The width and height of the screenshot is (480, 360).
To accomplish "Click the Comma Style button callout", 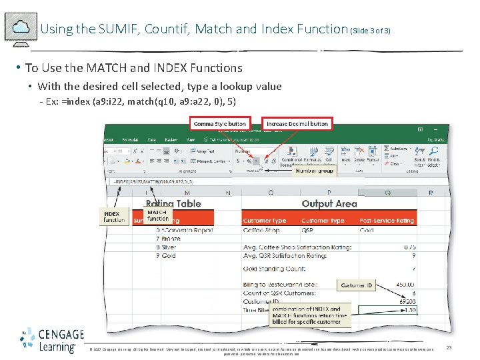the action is click(219, 124).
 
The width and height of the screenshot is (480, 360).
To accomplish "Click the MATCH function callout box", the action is click(158, 215).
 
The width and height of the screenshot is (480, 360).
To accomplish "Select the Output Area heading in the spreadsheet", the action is click(329, 204).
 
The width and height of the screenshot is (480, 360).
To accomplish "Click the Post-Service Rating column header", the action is click(387, 221).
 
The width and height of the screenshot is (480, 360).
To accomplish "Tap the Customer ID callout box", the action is click(357, 285).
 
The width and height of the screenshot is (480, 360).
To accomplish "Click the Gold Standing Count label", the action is click(277, 269).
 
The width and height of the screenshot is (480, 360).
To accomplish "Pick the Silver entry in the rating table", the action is click(169, 247).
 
